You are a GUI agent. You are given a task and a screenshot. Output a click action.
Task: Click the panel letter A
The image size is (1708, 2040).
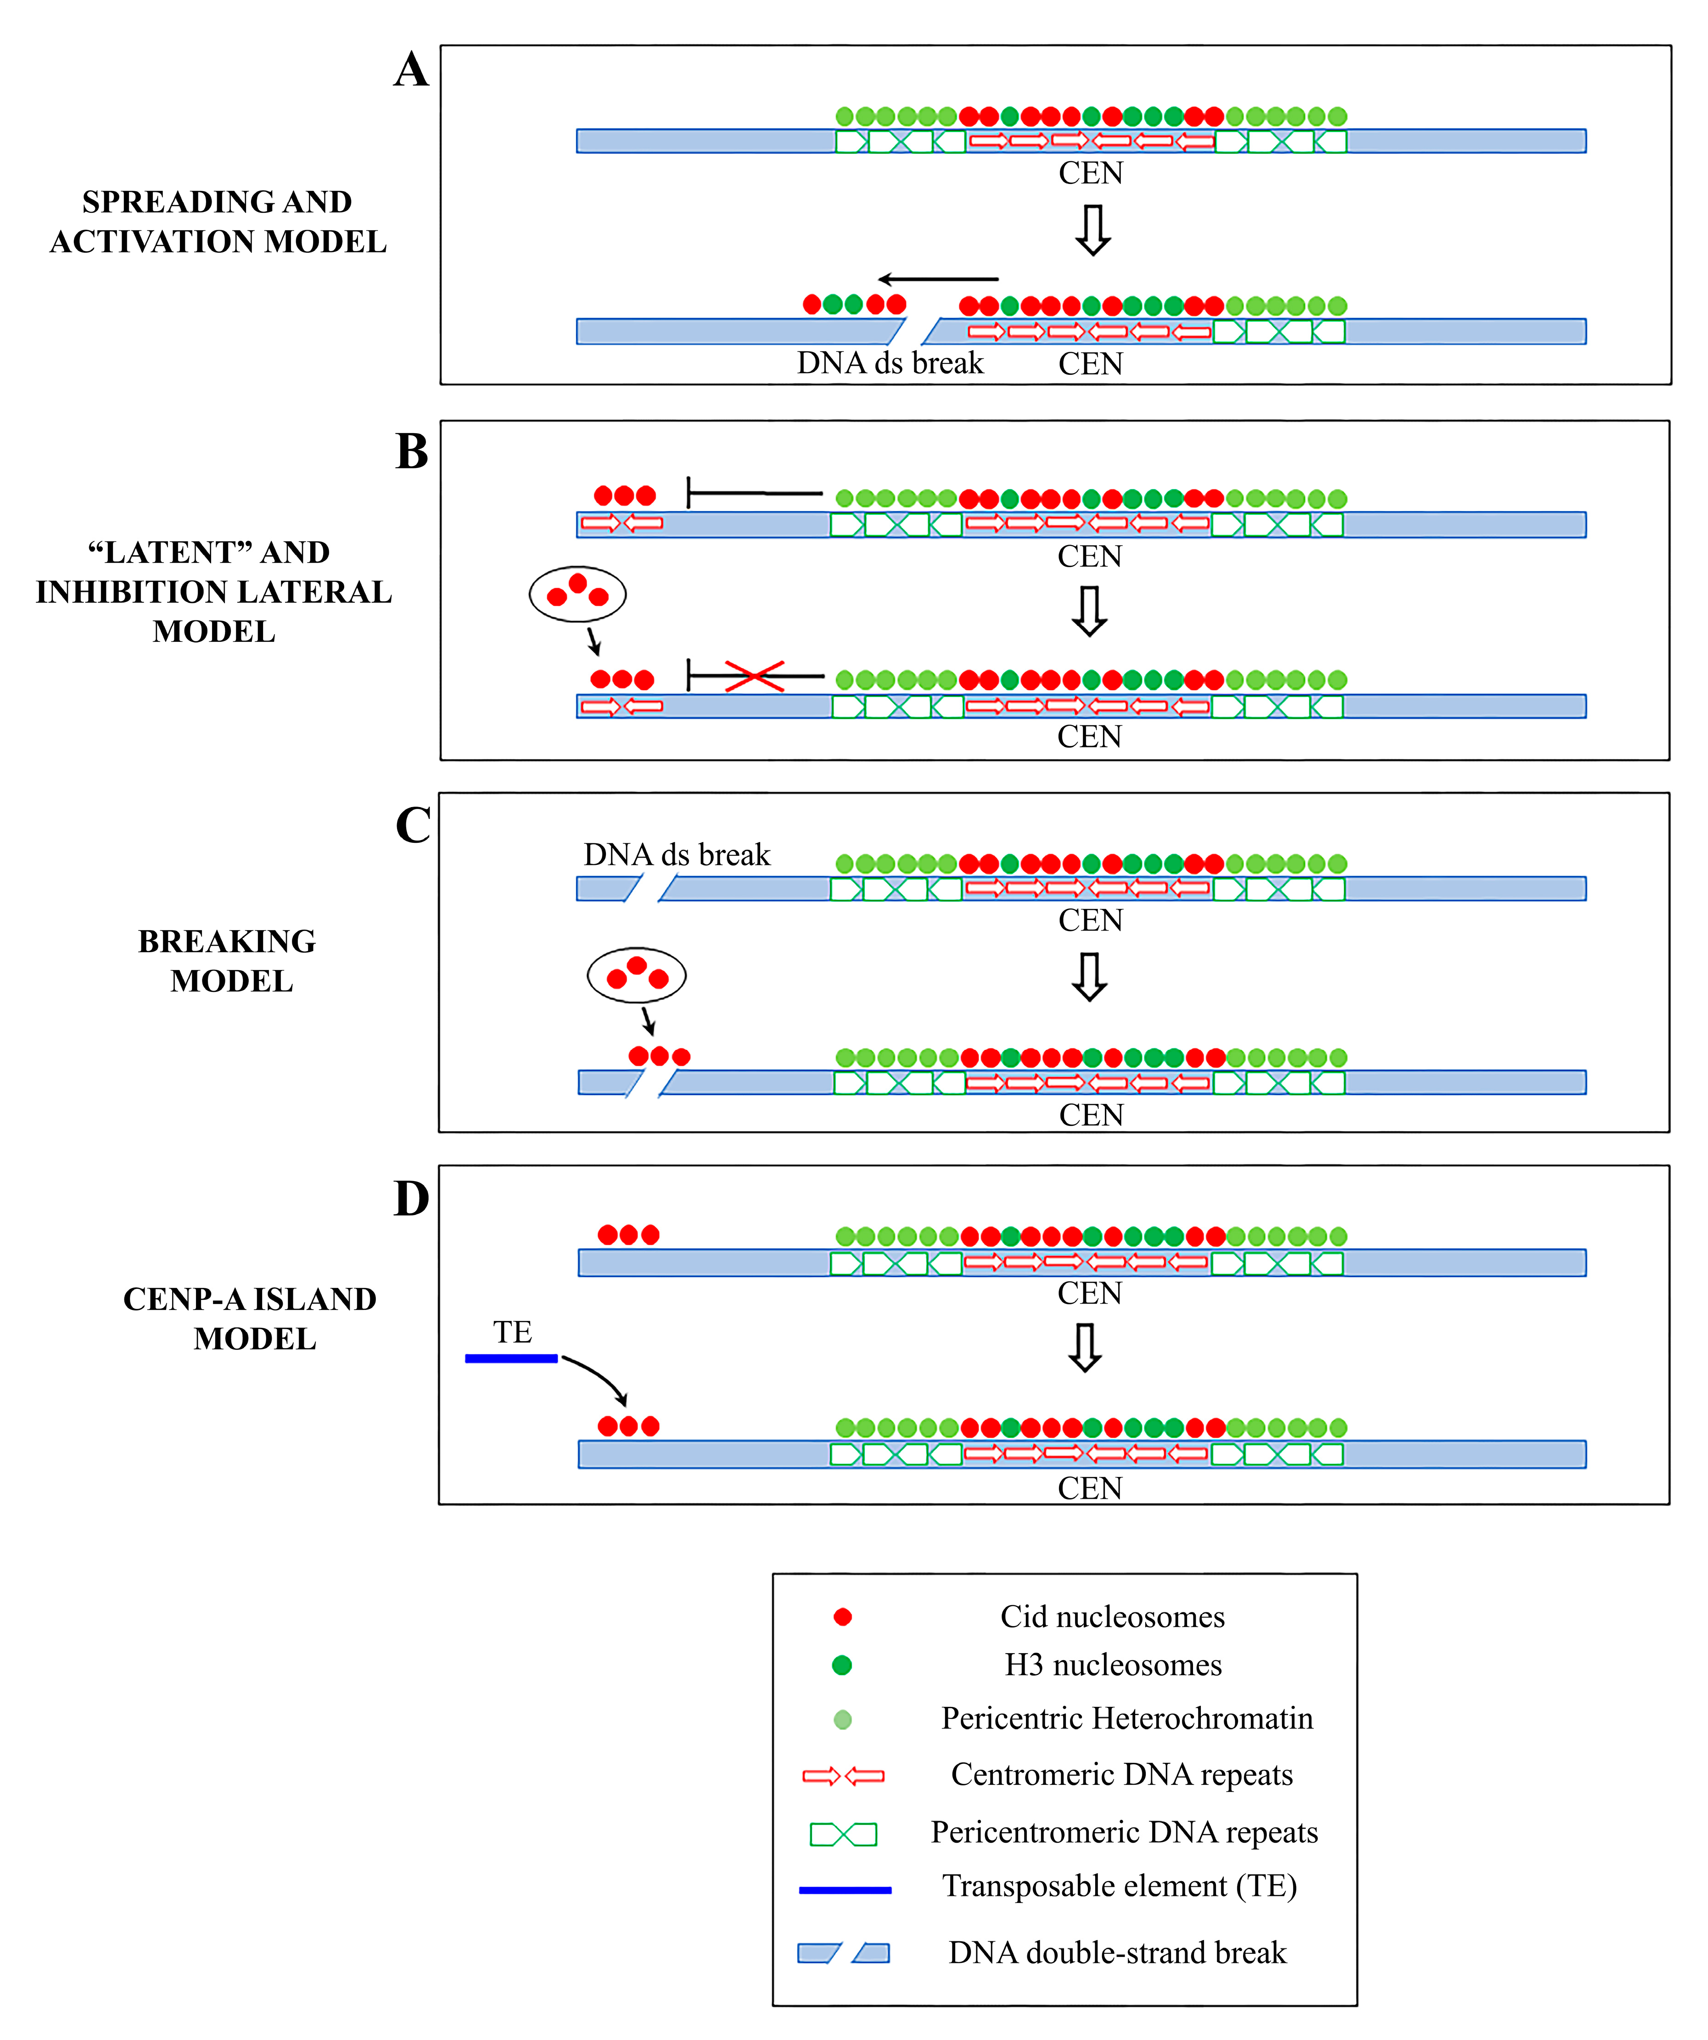[x=411, y=70]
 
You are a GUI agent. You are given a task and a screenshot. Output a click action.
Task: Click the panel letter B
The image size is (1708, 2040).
[x=412, y=451]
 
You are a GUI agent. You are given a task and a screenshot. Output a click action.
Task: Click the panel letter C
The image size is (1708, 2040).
[x=413, y=826]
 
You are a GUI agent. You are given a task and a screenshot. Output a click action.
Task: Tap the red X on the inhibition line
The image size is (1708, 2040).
[x=754, y=676]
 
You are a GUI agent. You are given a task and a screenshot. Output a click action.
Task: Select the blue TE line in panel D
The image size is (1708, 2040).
[x=511, y=1358]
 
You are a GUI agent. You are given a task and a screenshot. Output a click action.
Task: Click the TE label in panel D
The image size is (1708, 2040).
[x=512, y=1332]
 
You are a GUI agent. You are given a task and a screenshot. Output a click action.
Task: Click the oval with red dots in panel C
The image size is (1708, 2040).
[x=636, y=975]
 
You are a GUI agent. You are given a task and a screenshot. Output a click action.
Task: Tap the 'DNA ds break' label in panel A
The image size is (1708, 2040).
[x=890, y=363]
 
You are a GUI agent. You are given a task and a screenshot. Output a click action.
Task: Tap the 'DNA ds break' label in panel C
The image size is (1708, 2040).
[x=676, y=855]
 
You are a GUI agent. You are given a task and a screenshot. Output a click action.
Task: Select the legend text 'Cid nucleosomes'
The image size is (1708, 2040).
[x=1113, y=1616]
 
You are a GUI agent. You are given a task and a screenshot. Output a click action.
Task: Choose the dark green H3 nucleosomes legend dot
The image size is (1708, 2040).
[x=842, y=1665]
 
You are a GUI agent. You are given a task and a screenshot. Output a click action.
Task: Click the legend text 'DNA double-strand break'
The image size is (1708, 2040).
[x=1117, y=1952]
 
